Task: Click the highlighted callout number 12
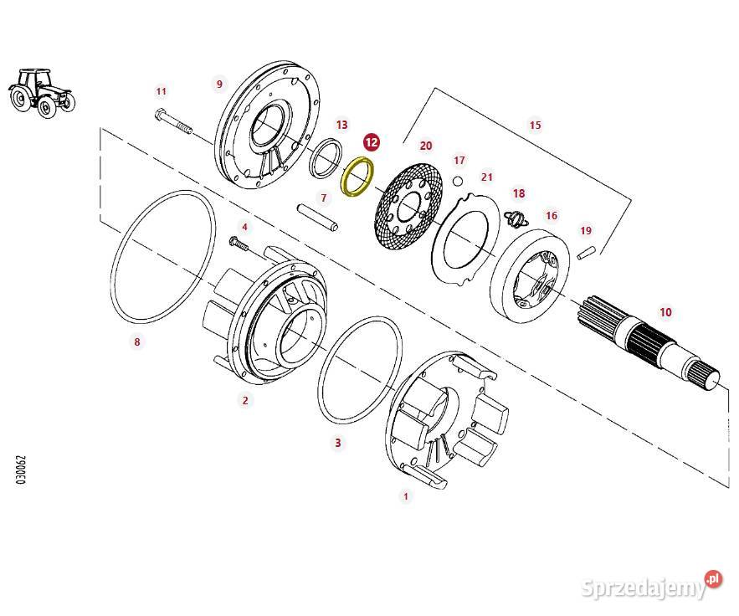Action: coord(372,143)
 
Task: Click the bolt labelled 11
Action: coord(173,123)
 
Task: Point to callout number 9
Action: coord(219,84)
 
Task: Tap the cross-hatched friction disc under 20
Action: coord(408,207)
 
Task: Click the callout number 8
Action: coord(137,341)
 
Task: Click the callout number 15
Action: coord(536,126)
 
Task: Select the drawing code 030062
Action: coord(21,470)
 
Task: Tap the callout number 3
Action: coord(338,443)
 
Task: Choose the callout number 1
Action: coord(406,496)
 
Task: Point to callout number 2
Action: coord(245,400)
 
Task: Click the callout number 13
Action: coord(341,125)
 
